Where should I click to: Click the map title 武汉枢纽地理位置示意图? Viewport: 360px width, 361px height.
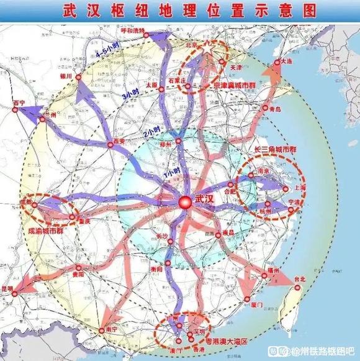180,11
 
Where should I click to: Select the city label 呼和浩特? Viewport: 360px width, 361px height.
132,30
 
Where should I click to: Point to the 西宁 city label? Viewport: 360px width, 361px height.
19,103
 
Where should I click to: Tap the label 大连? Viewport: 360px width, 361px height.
286,62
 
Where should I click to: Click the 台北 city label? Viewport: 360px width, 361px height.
299,280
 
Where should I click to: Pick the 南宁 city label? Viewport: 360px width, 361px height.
112,328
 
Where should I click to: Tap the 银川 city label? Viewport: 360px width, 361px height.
66,76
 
